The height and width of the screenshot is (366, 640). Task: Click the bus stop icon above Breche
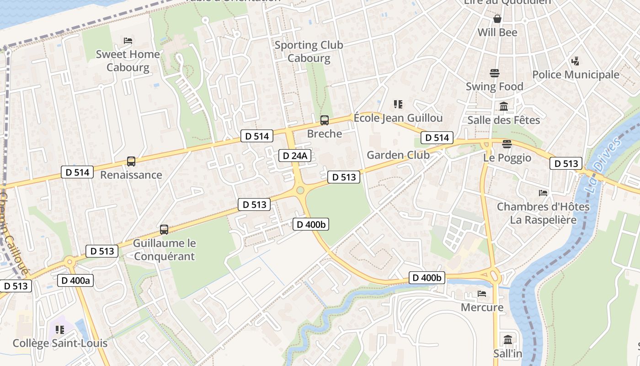324,120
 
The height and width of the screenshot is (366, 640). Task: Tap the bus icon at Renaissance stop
131,161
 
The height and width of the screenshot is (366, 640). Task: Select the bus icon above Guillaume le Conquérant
164,230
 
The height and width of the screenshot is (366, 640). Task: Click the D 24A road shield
295,156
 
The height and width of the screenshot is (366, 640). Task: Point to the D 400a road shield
75,280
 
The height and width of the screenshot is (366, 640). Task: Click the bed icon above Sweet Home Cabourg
128,41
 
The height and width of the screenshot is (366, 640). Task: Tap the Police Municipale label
576,75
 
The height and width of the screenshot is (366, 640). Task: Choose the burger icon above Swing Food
495,73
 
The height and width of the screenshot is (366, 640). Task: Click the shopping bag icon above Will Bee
497,19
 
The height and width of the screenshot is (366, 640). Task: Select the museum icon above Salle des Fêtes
504,107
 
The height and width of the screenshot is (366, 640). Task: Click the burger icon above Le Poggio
507,145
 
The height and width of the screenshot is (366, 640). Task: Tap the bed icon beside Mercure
482,294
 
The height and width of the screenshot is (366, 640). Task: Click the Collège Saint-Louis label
60,343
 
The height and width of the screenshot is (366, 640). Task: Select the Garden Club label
398,155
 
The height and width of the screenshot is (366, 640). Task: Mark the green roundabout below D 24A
300,190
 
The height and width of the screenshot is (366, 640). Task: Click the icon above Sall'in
508,340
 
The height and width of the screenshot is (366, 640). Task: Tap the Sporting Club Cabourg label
309,52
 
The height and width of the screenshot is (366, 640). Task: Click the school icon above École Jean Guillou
398,104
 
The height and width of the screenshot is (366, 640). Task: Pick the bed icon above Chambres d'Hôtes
543,193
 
